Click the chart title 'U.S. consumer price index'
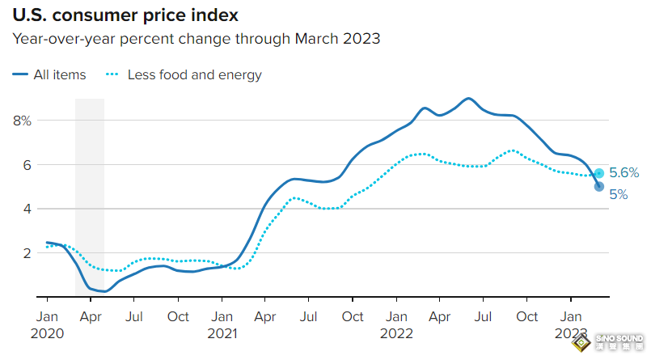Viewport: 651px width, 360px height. point(125,15)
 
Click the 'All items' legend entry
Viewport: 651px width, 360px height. point(49,74)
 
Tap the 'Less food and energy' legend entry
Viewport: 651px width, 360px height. point(184,74)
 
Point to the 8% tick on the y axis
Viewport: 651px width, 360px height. point(22,121)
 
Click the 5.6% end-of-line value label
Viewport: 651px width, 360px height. point(624,172)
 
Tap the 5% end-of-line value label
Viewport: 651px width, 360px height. point(619,194)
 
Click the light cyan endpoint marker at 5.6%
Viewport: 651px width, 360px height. point(599,173)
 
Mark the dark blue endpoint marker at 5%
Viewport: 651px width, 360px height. point(599,187)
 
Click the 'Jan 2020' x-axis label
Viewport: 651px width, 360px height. point(47,324)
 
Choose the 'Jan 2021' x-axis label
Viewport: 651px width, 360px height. point(222,324)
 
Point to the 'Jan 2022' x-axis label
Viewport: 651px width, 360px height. point(397,324)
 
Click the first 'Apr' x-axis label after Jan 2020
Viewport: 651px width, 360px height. point(91,316)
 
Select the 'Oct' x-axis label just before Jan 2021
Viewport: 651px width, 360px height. point(179,316)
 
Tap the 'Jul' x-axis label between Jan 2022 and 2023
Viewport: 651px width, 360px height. point(484,316)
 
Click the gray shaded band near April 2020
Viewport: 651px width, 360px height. point(90,194)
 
